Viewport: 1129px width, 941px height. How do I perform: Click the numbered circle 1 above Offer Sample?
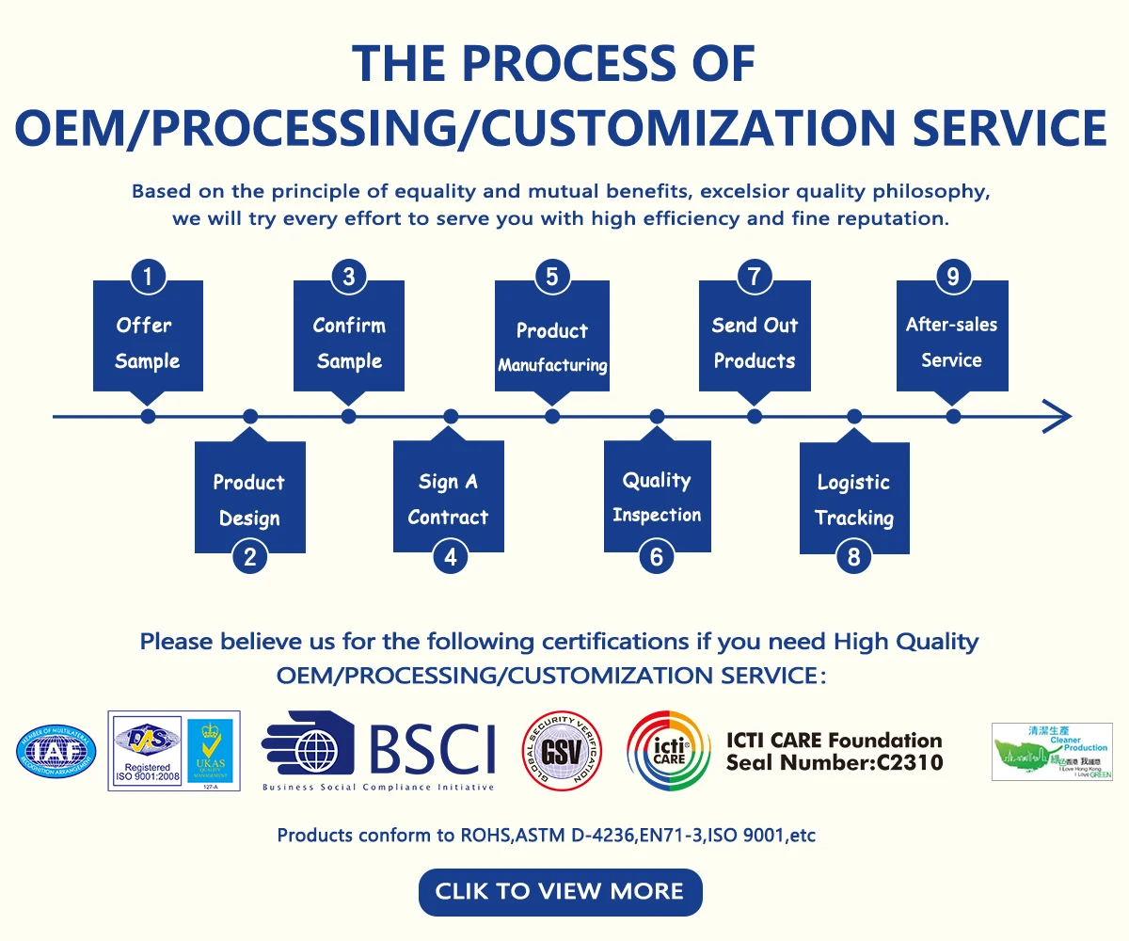coord(148,277)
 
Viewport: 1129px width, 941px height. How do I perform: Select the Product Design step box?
coord(249,500)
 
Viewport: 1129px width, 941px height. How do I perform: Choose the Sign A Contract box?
coord(449,499)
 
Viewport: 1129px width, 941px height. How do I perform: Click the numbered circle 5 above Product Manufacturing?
coord(552,277)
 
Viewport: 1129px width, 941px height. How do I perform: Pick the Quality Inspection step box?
coord(657,497)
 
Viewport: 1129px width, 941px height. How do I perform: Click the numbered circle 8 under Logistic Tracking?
coord(853,556)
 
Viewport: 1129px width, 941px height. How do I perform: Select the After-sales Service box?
coord(952,342)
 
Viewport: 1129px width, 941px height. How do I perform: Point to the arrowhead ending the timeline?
coord(1057,416)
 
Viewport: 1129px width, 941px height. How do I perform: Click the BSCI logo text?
coord(432,749)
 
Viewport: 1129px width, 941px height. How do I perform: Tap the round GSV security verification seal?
coord(562,752)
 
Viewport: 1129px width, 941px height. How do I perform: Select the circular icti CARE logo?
coord(669,751)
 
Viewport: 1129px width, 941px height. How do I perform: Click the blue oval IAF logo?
coord(56,751)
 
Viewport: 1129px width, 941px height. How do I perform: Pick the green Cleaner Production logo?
coord(1052,751)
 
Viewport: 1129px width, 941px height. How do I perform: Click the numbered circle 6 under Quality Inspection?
coord(657,556)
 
